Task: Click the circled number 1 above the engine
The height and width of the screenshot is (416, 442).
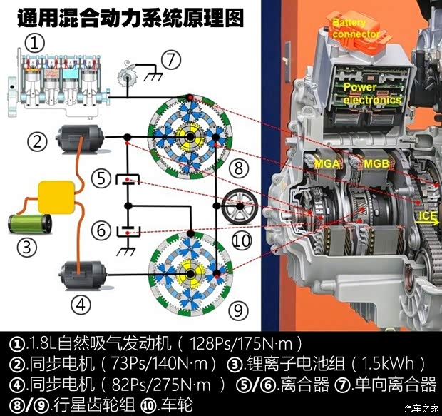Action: pos(34,42)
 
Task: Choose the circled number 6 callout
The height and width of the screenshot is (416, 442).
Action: pos(103,230)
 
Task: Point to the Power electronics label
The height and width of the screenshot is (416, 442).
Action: pos(371,93)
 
